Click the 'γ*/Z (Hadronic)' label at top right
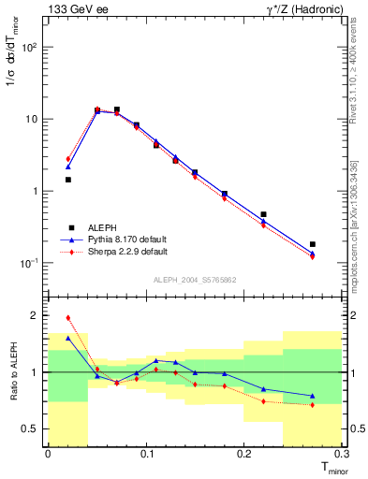click(x=305, y=9)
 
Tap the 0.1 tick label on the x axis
click(x=146, y=454)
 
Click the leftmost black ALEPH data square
click(x=67, y=180)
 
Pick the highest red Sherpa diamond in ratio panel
click(x=67, y=318)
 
